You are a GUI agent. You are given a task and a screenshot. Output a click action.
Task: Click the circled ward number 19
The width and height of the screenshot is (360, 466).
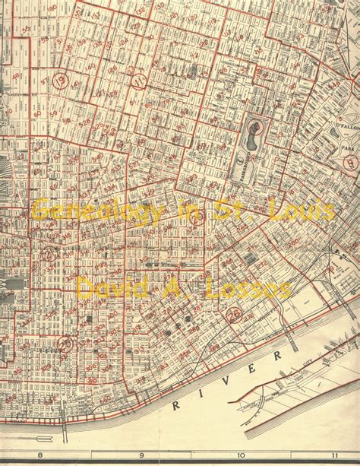pyautogui.click(x=62, y=79)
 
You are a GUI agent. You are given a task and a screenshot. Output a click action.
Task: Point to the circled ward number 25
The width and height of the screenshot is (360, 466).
pyautogui.click(x=65, y=344)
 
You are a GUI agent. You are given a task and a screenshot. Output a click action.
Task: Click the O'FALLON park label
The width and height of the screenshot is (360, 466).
pyautogui.click(x=346, y=127)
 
